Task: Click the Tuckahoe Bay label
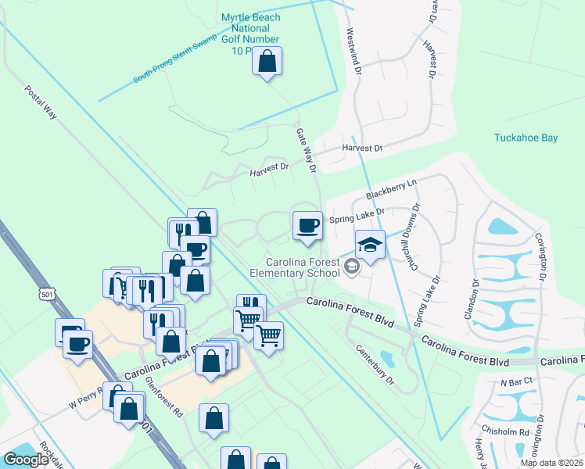tap(526, 138)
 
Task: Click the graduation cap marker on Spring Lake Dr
tap(370, 245)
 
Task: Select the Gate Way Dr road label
tap(305, 150)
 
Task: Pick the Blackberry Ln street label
tap(392, 188)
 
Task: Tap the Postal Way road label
tap(41, 102)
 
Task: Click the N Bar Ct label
tap(516, 381)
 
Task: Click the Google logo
tap(26, 460)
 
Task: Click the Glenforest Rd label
tap(164, 397)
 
